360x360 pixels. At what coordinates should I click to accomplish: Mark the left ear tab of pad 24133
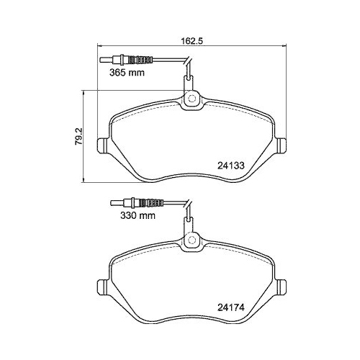click(x=103, y=145)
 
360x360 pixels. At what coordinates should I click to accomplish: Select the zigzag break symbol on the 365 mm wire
click(x=188, y=69)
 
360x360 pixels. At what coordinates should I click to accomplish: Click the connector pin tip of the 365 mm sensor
click(x=102, y=60)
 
